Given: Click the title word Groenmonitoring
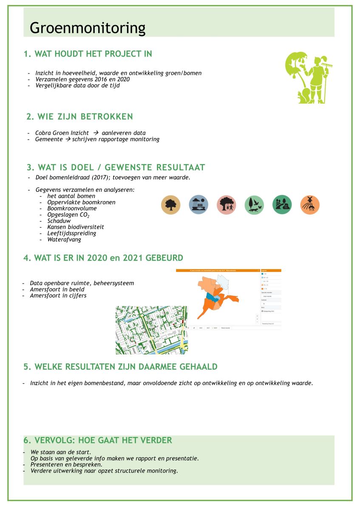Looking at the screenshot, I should pos(88,28).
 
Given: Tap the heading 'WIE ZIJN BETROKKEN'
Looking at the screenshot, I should pos(79,116).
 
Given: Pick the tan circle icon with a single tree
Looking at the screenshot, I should pos(170,205).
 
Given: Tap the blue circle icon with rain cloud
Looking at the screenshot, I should pos(198,205).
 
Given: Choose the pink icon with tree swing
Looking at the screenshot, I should pos(226,205).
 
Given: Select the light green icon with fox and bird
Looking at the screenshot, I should pos(254,205).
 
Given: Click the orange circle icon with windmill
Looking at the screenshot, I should pos(310,205).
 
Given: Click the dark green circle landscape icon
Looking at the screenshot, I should pos(282,205).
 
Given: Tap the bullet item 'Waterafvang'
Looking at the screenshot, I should pos(64,239).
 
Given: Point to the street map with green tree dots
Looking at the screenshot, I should pos(151,330).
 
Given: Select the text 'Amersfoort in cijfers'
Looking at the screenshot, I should pos(58,295).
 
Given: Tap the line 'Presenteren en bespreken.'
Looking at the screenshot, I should pos(66,465).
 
